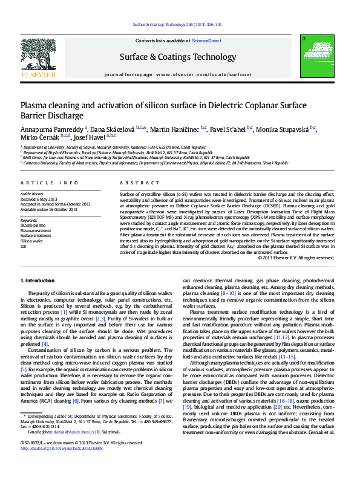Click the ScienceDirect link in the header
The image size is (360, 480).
pos(206,41)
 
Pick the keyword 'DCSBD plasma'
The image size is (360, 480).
pos(32,225)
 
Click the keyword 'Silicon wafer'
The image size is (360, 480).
pos(31,241)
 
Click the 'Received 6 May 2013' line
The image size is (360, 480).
pos(39,199)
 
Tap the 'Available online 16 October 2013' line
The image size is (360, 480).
pos(48,209)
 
